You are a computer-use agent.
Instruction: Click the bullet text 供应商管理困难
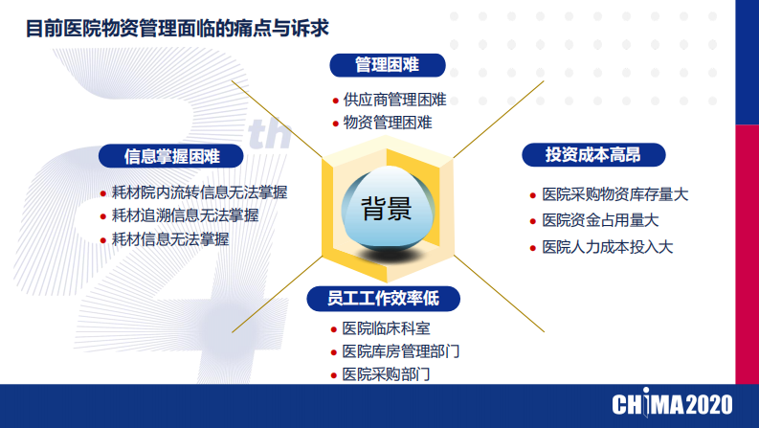[x=394, y=100]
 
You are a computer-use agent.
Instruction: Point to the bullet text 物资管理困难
[x=388, y=123]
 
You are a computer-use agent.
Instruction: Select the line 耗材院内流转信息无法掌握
[x=199, y=191]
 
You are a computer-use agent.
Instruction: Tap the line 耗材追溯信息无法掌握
[x=185, y=215]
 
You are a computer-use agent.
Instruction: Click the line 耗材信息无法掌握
[x=170, y=239]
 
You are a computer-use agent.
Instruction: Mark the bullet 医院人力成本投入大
[x=608, y=247]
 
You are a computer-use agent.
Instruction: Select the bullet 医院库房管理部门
[x=401, y=351]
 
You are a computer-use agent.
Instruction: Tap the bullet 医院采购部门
[x=387, y=374]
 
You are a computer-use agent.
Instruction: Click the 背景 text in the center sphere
[x=387, y=209]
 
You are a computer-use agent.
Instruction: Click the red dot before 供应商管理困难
[x=335, y=101]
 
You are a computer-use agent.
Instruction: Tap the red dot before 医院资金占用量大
[x=534, y=221]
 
